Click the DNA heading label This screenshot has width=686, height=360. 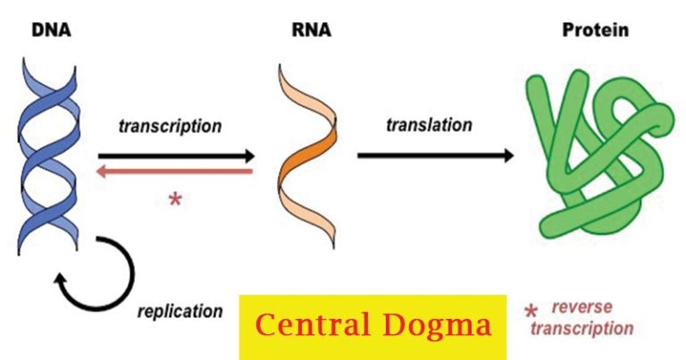(x=52, y=31)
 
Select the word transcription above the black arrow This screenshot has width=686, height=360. (x=170, y=126)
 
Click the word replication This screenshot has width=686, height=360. (x=180, y=311)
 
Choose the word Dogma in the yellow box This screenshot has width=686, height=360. (x=441, y=326)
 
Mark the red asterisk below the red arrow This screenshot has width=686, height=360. (x=175, y=198)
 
